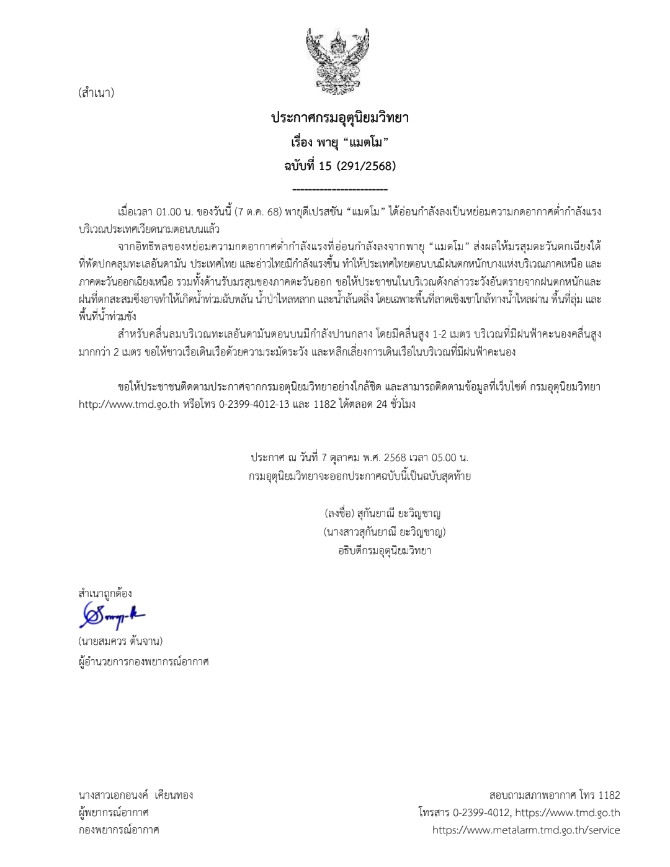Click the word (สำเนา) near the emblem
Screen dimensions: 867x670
pyautogui.click(x=96, y=94)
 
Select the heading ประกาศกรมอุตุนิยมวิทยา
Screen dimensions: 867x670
pyautogui.click(x=340, y=117)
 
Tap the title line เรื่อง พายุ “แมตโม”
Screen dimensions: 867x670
pyautogui.click(x=340, y=142)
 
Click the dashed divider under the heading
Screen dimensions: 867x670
pyautogui.click(x=340, y=189)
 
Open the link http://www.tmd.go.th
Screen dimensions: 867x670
pyautogui.click(x=129, y=404)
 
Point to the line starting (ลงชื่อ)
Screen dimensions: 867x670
pyautogui.click(x=382, y=514)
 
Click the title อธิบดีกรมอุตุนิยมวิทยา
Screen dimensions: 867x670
pyautogui.click(x=385, y=550)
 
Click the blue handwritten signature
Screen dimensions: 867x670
pyautogui.click(x=112, y=616)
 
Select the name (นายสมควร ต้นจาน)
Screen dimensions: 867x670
pyautogui.click(x=120, y=641)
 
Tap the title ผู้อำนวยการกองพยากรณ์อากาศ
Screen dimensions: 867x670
pyautogui.click(x=143, y=662)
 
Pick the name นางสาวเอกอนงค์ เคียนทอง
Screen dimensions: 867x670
pyautogui.click(x=136, y=795)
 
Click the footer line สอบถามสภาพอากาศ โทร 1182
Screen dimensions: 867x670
pyautogui.click(x=555, y=795)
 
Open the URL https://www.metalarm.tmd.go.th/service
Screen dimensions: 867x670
pyautogui.click(x=526, y=830)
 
